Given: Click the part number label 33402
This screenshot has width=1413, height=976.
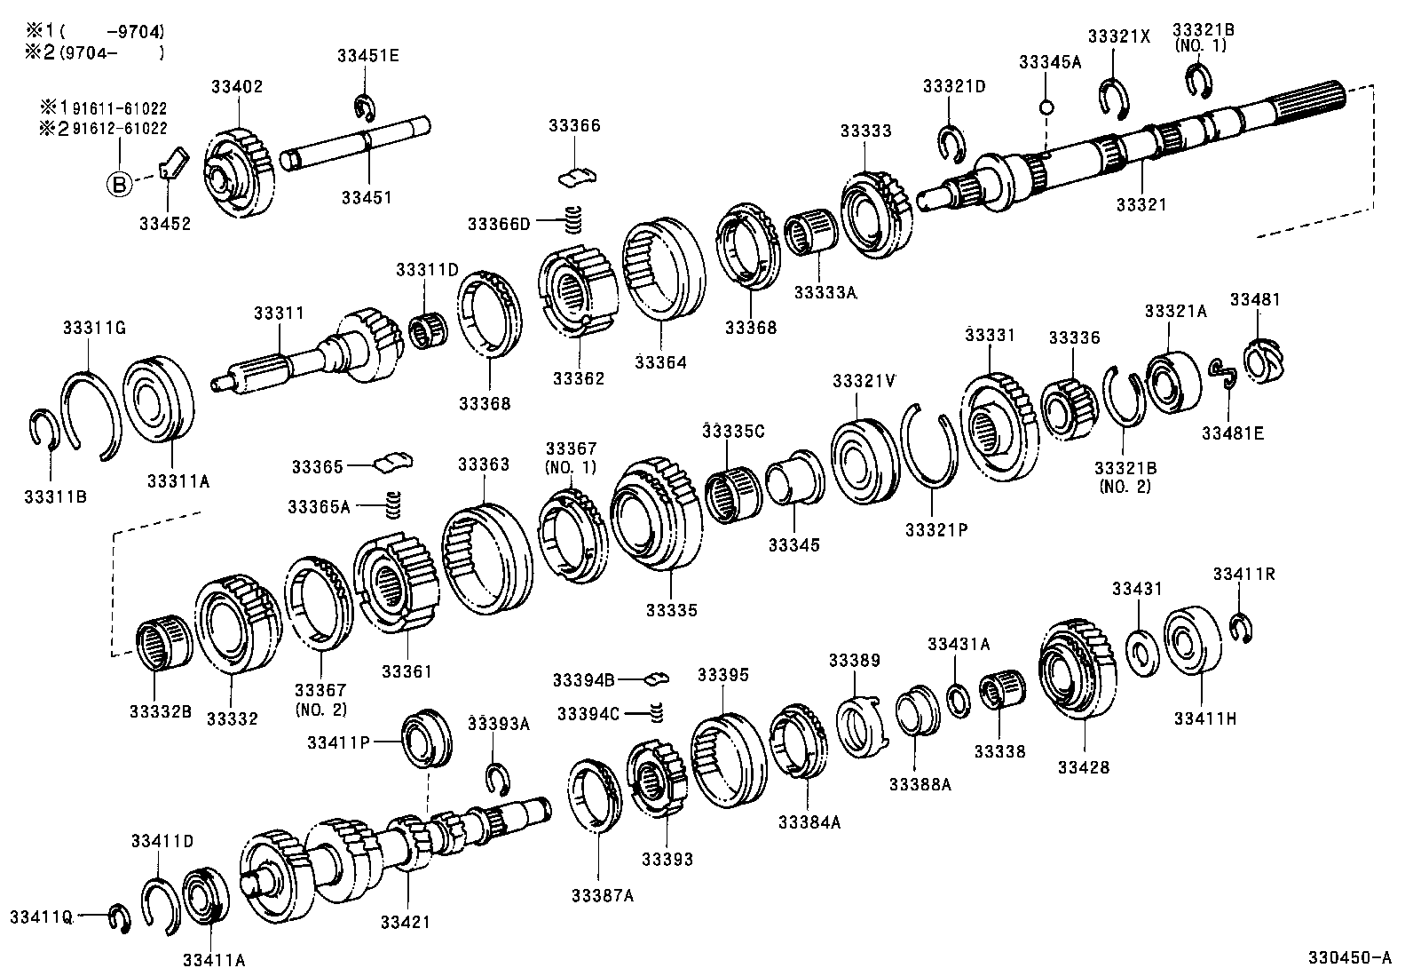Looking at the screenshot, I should (x=237, y=87).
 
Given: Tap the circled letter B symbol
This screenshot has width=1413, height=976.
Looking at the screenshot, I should (x=119, y=185).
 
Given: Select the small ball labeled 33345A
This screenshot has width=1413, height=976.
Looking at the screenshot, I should (x=1046, y=107).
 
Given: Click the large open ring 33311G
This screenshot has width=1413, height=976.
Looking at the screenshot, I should (x=89, y=413).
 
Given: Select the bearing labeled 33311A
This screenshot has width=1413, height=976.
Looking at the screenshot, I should (x=159, y=397).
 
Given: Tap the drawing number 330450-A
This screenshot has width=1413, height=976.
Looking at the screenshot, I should (x=1348, y=958).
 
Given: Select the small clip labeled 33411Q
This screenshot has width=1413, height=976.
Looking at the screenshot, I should (x=119, y=917).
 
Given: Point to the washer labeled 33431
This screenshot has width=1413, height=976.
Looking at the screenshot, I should (x=1141, y=652).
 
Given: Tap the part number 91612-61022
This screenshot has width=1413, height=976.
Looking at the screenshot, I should (x=119, y=128).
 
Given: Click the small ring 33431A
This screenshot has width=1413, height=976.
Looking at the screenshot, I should (x=958, y=700).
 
